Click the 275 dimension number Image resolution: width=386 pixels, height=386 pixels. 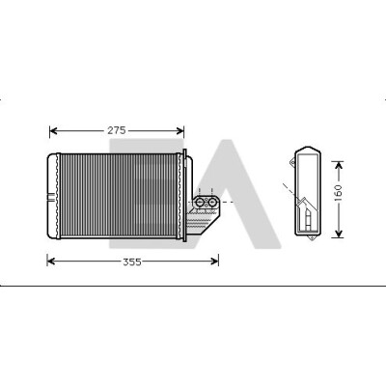tap(117, 130)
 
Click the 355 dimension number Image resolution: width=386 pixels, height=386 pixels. tap(132, 262)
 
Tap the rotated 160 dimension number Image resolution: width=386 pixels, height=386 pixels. tap(338, 193)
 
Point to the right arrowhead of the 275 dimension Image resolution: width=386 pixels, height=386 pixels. tap(179, 131)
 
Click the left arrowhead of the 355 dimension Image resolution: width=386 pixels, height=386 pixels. tap(51, 262)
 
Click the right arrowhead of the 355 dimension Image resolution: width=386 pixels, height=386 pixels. tap(214, 262)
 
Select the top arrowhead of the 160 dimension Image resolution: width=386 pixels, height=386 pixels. tap(338, 166)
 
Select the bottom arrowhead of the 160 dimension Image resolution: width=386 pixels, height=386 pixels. tap(338, 234)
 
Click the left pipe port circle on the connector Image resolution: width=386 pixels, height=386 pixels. tap(200, 203)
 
